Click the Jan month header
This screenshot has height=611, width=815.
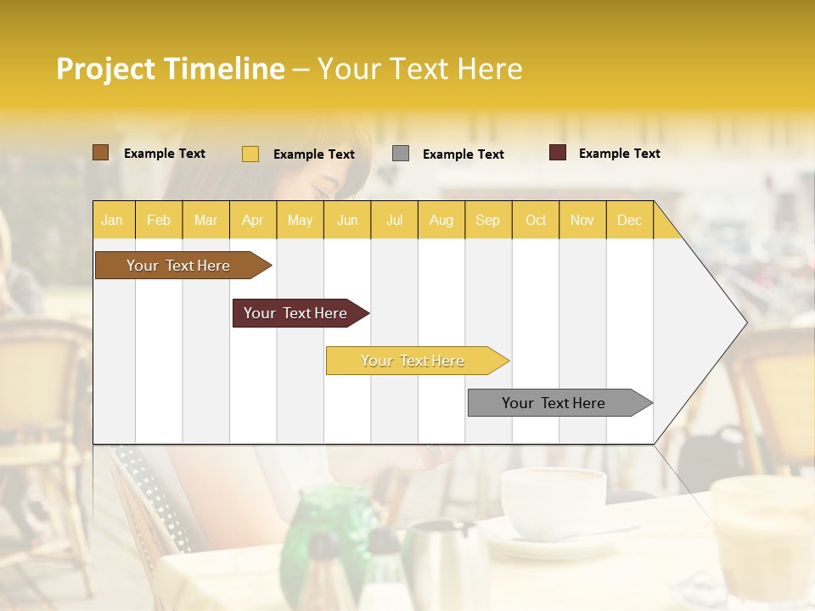pos(112,220)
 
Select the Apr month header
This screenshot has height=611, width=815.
pos(252,220)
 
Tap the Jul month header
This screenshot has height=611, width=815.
pos(394,220)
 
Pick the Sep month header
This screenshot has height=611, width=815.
pos(487,220)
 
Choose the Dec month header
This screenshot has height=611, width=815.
pos(629,220)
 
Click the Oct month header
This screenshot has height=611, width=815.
pos(536,220)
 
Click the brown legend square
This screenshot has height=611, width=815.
pos(100,153)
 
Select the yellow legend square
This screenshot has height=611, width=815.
pos(250,154)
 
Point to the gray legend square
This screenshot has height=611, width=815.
pos(401,154)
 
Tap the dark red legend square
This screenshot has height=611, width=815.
pos(558,153)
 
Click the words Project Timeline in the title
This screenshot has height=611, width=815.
pos(171,69)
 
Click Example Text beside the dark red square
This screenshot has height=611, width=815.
pos(619,154)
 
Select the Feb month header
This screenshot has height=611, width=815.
pos(158,220)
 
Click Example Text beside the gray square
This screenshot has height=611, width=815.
pos(463,154)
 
